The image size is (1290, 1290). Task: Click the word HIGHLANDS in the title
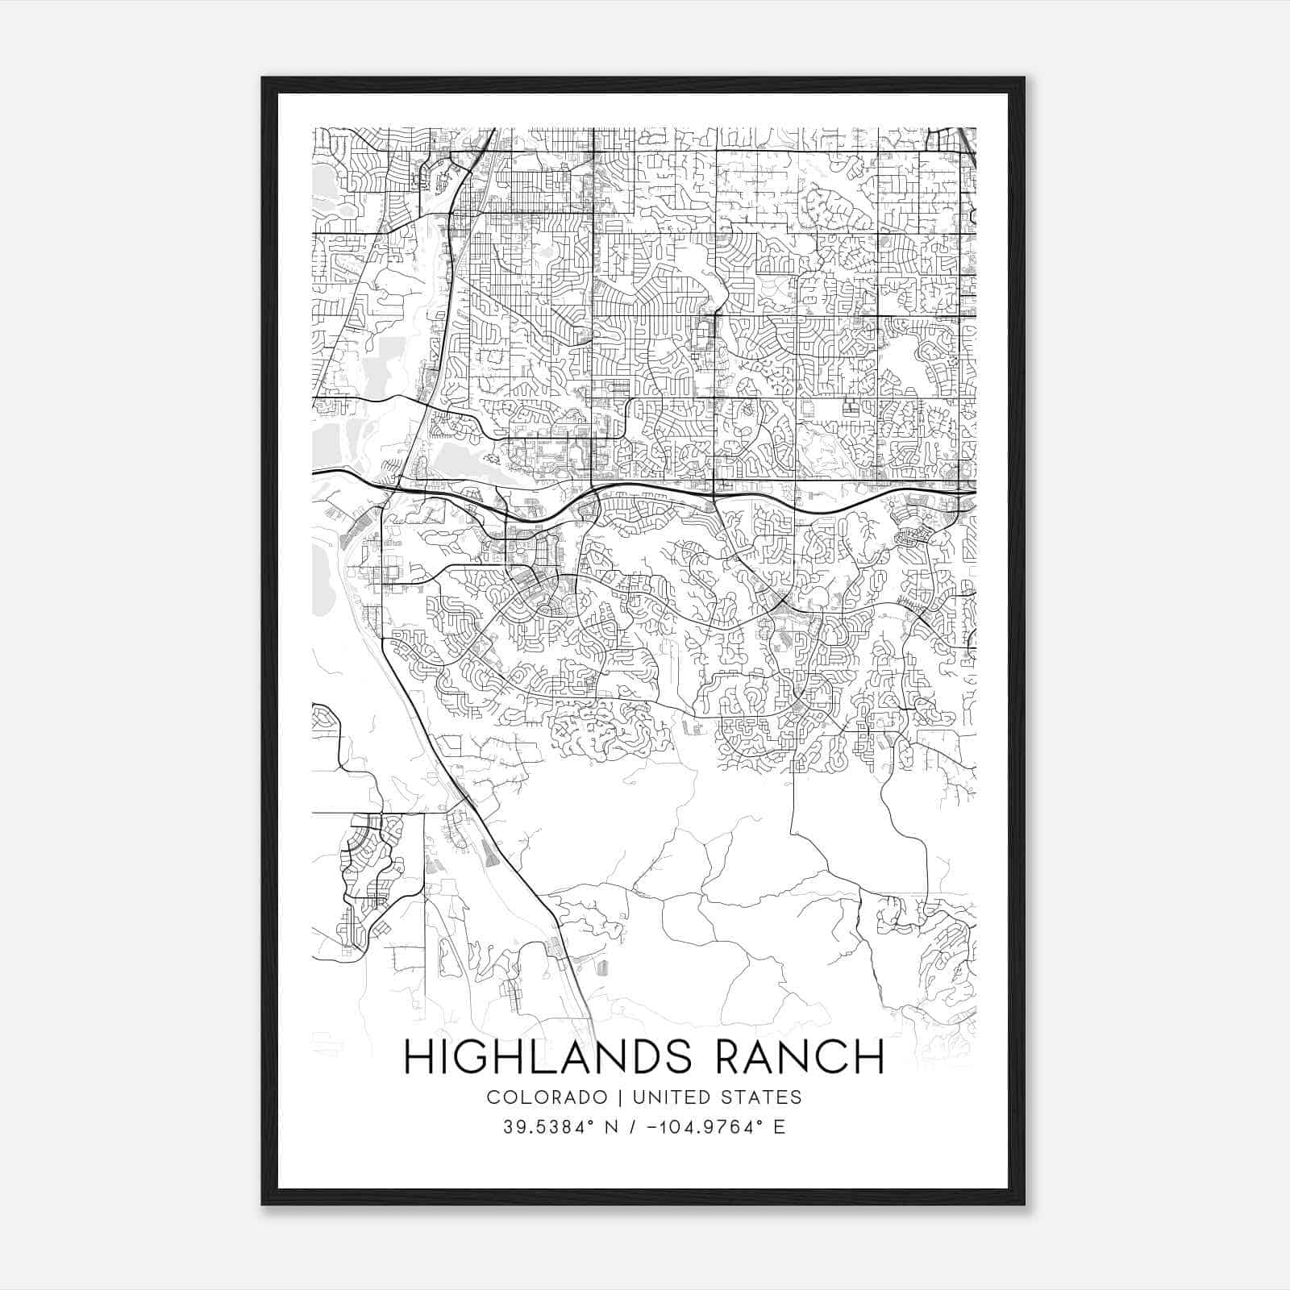click(x=547, y=1057)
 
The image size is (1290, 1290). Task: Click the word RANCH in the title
click(x=800, y=1057)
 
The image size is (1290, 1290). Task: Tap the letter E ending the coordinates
click(x=779, y=1127)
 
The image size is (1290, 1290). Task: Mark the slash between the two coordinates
click(x=639, y=1127)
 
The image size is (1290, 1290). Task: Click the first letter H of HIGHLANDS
click(x=418, y=1057)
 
